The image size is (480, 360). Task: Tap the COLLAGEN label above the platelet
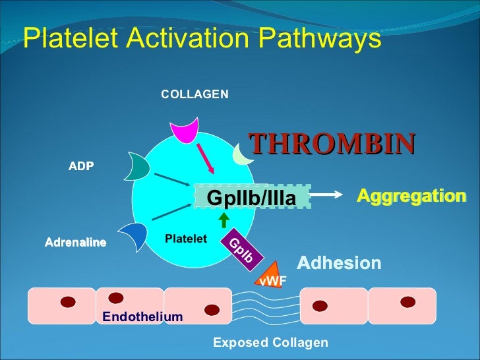(x=195, y=94)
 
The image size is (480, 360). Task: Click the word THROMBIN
(x=332, y=143)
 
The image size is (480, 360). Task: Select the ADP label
(x=81, y=166)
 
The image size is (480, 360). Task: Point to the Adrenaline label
(x=75, y=243)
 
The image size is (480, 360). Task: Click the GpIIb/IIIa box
(x=251, y=197)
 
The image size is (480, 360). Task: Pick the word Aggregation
(x=411, y=196)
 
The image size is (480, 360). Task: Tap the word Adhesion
(x=339, y=264)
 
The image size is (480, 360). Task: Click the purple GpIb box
(x=241, y=250)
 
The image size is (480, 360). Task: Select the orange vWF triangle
(x=271, y=276)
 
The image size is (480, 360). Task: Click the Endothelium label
(x=142, y=317)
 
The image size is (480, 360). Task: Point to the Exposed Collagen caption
(x=270, y=343)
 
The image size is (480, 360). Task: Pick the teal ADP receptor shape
(x=140, y=168)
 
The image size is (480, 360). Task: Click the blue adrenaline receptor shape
(x=134, y=237)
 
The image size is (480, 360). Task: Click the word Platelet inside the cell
(x=186, y=238)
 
